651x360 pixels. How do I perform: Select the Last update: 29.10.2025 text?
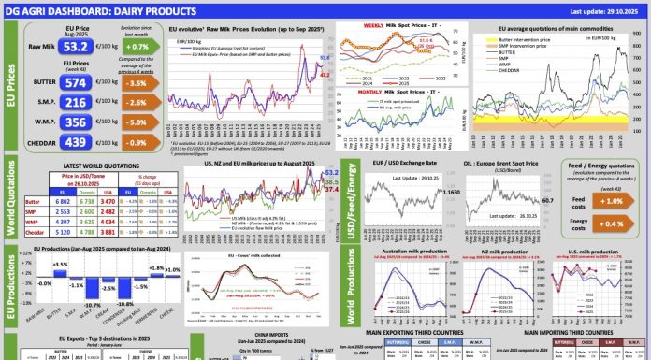click(x=591, y=11)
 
